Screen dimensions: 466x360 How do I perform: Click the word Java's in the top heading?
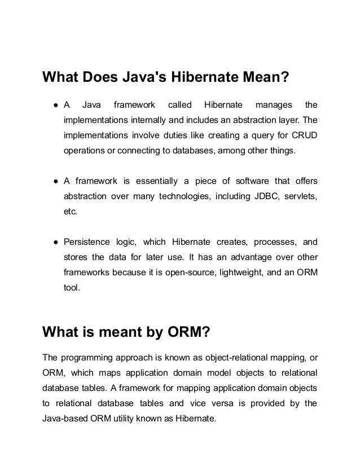coord(142,77)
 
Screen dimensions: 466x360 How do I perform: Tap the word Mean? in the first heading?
coord(265,77)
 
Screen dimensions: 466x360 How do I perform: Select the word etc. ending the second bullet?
coord(70,212)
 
